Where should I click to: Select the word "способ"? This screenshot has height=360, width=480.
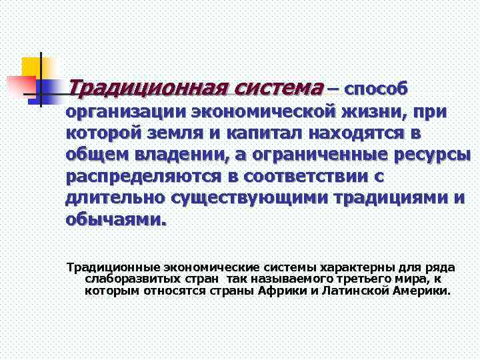pos(376,89)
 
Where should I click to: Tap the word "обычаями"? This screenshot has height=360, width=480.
pos(114,220)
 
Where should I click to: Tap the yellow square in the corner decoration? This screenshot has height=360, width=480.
pos(31,67)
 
